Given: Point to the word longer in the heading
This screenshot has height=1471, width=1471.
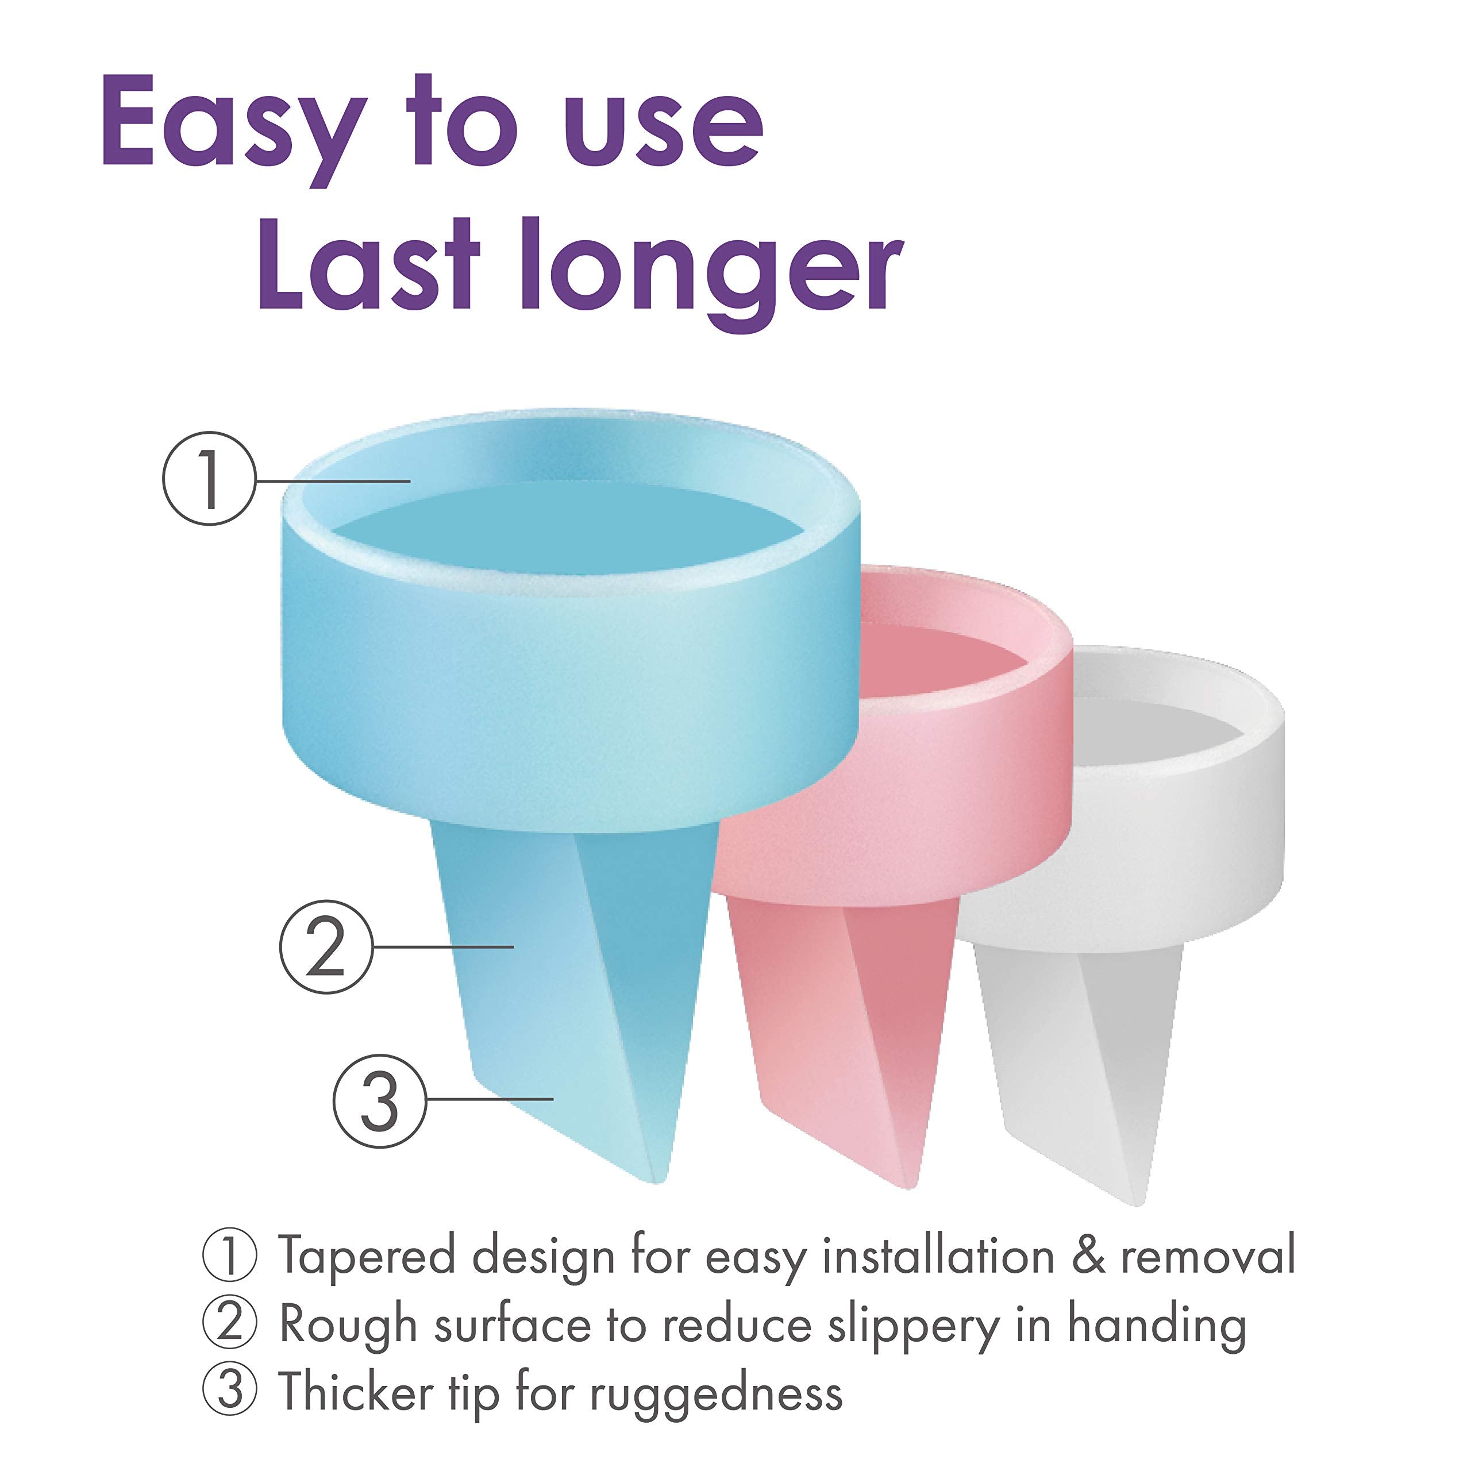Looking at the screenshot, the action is tap(713, 274).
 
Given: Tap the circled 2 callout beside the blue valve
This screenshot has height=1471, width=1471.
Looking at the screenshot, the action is tap(326, 947).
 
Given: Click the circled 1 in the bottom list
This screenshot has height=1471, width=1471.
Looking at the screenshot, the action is tap(229, 1256).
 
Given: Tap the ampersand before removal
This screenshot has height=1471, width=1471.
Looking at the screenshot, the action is tap(1088, 1256).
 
